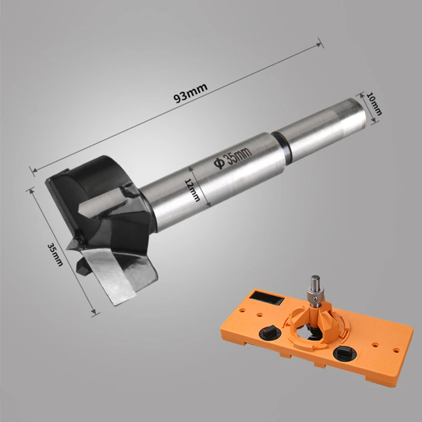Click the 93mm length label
coord(190,93)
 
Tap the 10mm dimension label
coord(375,104)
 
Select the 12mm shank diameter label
coord(193,190)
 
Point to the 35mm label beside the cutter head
coord(55,255)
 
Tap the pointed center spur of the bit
coord(73,244)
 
